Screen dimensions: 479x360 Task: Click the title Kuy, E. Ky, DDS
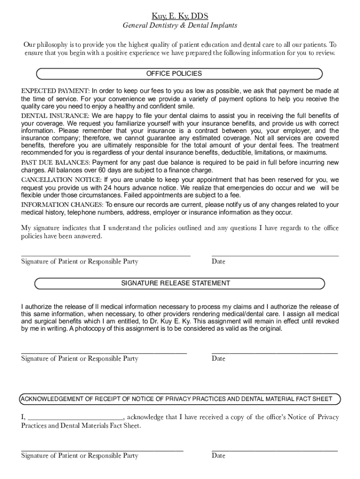pos(180,16)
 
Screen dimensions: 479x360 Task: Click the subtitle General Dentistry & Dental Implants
pos(180,26)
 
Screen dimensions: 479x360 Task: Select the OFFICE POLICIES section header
pos(180,74)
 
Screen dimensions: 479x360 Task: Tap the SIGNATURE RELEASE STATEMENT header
pos(180,283)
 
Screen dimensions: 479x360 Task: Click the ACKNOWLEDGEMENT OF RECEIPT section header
pos(180,399)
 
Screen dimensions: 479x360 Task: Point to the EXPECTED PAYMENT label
pos(55,91)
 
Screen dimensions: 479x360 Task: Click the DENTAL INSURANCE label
pos(55,116)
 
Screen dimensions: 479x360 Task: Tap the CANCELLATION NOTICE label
pos(61,180)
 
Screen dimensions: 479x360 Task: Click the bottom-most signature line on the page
pos(102,450)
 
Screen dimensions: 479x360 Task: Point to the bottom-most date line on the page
pos(275,450)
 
